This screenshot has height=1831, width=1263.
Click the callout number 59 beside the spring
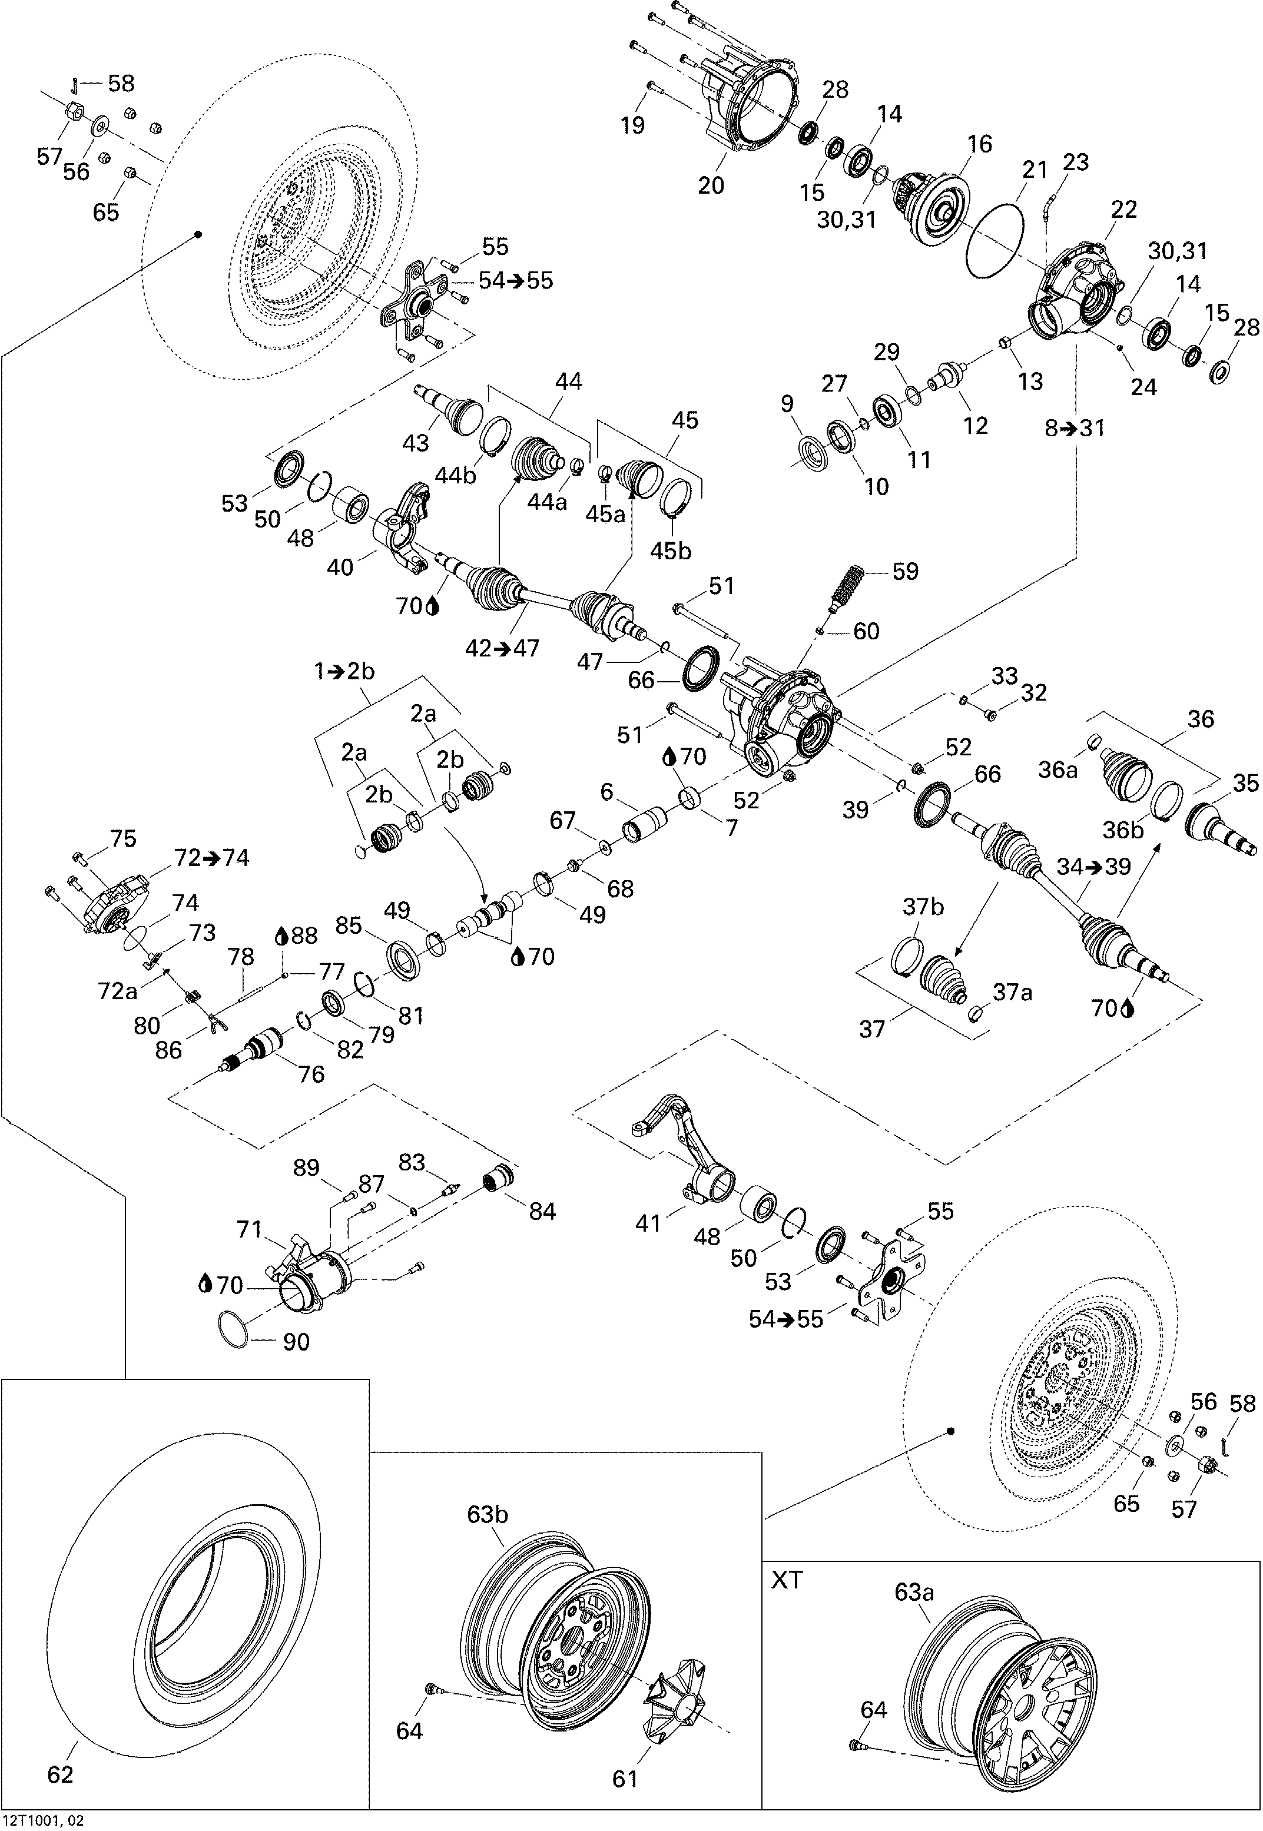(904, 571)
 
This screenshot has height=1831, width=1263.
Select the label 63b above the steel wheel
(487, 1514)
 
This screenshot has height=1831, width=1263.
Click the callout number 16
(979, 144)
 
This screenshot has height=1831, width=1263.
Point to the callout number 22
(1123, 210)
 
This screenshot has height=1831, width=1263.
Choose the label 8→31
(1075, 428)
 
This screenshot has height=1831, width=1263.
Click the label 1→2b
(344, 672)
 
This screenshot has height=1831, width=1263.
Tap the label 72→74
(211, 858)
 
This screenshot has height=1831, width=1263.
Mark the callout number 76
(311, 1074)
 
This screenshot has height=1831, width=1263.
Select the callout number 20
(711, 184)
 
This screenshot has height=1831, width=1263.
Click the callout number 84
(542, 1210)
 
